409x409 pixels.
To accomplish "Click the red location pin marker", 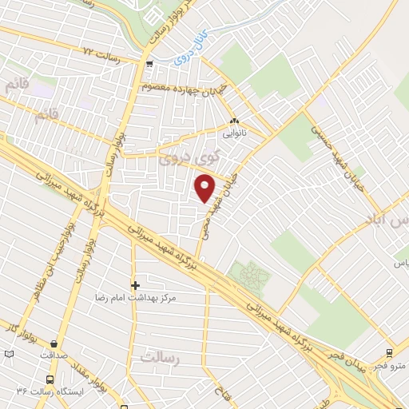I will coord(206,187).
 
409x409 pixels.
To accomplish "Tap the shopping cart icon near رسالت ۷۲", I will coord(149,63).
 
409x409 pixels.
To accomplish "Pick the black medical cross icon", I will coord(135,284).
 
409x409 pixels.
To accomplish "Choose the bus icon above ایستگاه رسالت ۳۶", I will coord(51,380).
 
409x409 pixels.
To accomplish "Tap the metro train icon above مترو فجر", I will coord(388,353).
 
